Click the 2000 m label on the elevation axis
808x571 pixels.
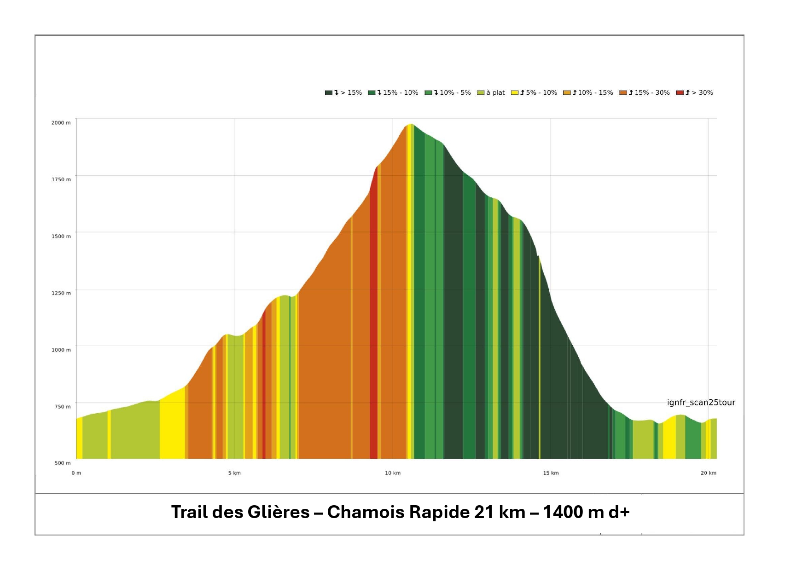pos(61,122)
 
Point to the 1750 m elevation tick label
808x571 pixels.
pos(61,179)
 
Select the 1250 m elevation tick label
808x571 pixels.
pos(61,293)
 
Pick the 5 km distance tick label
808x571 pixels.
pos(234,473)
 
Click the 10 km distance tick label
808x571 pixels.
pos(393,473)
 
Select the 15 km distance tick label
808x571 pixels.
pos(551,473)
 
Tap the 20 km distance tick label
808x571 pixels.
pos(709,473)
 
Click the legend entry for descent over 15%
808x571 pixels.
pos(343,92)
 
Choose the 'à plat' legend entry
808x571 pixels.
pos(491,92)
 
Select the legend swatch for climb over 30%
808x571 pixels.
pos(680,92)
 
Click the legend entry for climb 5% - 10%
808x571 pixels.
pos(534,92)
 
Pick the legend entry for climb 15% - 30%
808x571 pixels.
pos(645,92)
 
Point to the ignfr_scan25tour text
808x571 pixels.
pos(701,403)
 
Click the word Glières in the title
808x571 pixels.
pos(279,512)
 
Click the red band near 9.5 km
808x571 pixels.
pos(373,322)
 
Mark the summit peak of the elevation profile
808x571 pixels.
pos(411,124)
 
